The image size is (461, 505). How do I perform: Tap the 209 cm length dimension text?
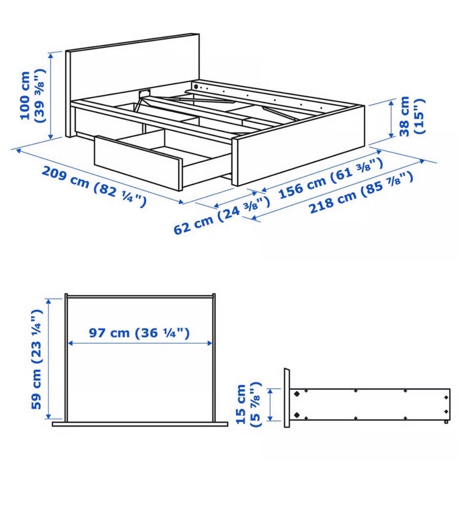(x=94, y=187)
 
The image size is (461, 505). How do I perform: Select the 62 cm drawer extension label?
(x=222, y=215)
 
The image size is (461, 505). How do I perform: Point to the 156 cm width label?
(x=330, y=178)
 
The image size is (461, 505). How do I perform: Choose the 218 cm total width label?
(x=361, y=192)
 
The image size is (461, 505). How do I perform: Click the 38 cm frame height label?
(x=412, y=116)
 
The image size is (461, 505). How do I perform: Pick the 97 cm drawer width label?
(x=139, y=333)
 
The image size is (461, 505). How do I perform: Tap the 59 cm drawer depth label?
(x=36, y=359)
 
